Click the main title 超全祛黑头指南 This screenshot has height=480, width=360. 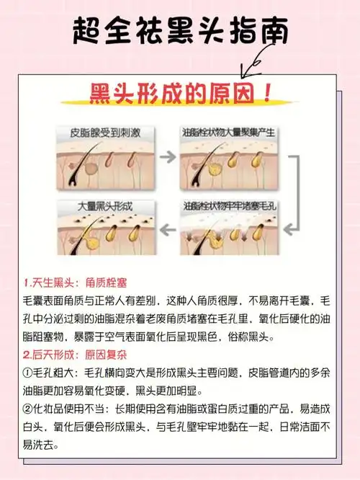179,32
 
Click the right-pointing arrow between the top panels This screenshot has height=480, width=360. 167,156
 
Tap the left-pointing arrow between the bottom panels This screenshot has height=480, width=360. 167,230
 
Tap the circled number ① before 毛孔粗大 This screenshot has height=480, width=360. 30,373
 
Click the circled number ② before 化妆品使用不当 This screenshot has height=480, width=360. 30,409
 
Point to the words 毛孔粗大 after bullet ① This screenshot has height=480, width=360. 58,373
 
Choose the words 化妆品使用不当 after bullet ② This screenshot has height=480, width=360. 73,409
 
